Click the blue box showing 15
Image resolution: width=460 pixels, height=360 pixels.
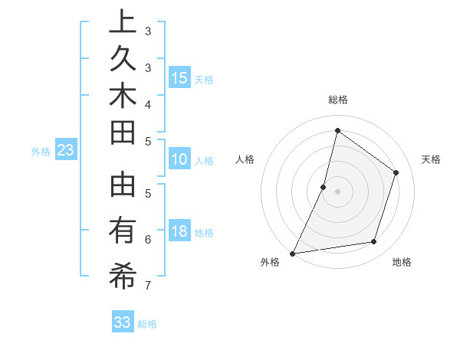[x=179, y=77]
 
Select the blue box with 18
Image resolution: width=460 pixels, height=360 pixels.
[x=179, y=231]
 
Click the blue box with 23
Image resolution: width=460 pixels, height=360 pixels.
[x=66, y=150]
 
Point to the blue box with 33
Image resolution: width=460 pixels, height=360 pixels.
[x=123, y=322]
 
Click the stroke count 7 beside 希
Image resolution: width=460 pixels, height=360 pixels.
[x=148, y=286]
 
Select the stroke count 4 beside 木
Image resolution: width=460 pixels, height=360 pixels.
[x=148, y=103]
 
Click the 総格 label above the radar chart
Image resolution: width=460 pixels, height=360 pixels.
[x=338, y=100]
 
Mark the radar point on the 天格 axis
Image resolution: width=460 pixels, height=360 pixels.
[x=396, y=172]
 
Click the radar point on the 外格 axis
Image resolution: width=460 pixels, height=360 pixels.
[x=293, y=253]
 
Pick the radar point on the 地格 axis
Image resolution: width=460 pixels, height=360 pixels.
[x=374, y=241]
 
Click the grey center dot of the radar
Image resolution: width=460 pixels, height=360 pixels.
[x=338, y=191]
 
